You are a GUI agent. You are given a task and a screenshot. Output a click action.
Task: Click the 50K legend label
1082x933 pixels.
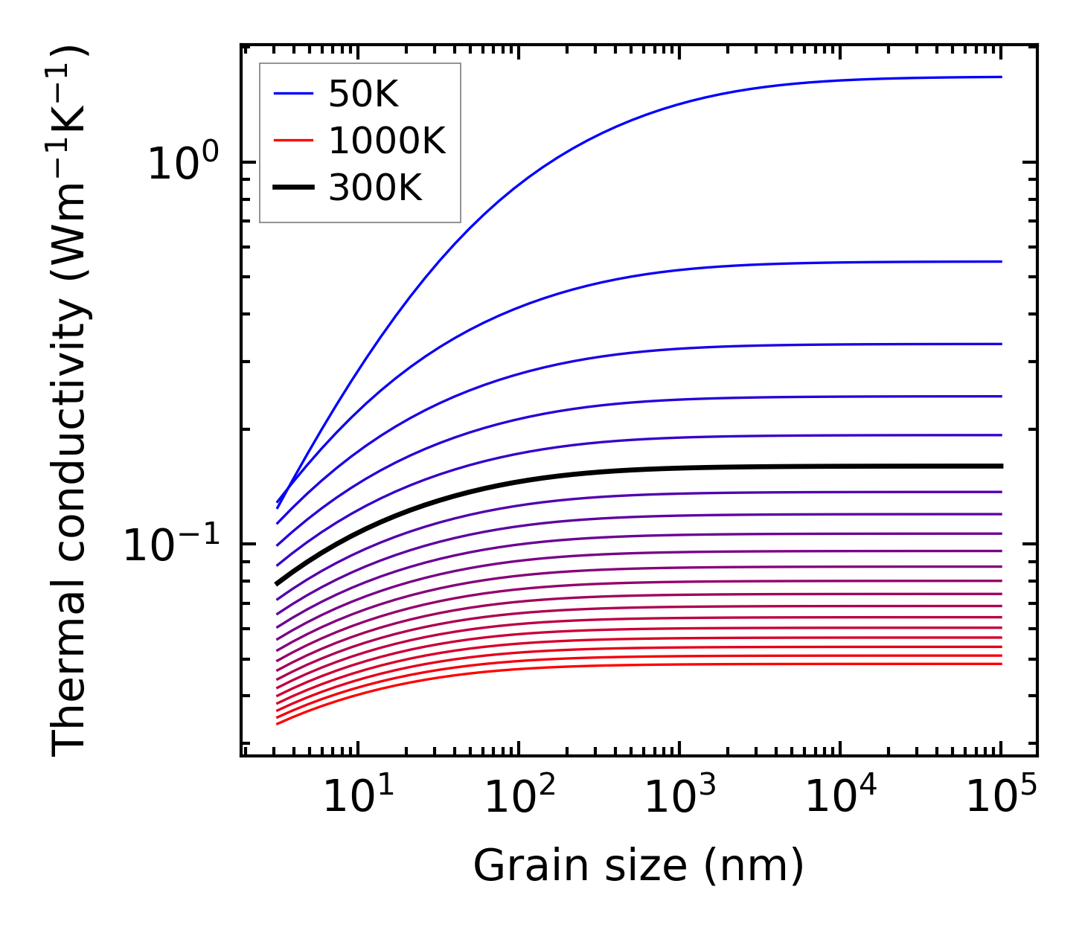[x=363, y=94]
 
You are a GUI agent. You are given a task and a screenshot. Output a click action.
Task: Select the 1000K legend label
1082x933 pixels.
[x=387, y=141]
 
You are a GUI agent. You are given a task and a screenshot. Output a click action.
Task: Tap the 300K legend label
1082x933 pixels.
[x=375, y=188]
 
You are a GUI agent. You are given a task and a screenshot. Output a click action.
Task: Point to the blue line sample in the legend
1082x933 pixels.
[x=295, y=94]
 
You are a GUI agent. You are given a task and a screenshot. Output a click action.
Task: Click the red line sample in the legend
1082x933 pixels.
[x=295, y=141]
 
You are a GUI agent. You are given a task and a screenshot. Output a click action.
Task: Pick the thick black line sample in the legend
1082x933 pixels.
[x=295, y=188]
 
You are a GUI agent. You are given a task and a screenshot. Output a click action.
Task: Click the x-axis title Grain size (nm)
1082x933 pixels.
[x=638, y=866]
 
